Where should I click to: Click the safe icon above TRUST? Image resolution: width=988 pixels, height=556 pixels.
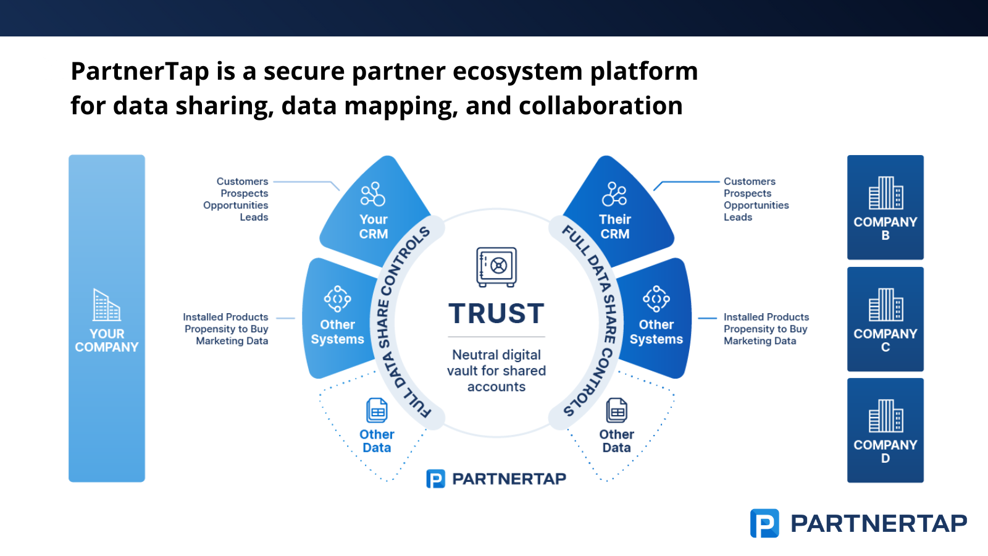pos(496,267)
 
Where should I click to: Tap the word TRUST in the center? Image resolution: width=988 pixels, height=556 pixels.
pos(496,314)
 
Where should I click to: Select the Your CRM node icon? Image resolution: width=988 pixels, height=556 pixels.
pos(373,194)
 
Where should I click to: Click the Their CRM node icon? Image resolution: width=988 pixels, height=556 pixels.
pos(614,194)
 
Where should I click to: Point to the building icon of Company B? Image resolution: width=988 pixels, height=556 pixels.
pos(885,193)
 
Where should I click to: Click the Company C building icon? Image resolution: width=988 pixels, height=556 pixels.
pos(885,305)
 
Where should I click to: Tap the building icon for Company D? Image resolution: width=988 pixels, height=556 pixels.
pos(885,416)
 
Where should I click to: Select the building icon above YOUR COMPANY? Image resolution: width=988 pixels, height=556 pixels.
pos(106,305)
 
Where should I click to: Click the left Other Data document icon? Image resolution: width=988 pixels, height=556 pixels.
pos(377,410)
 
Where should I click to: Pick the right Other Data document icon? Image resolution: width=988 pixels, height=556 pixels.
pos(617,410)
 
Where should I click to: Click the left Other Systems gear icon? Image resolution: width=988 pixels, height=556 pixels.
pos(338,299)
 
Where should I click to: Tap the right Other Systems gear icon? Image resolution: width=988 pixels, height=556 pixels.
pos(656,299)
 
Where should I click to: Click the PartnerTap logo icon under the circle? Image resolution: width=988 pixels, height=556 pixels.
pos(435,479)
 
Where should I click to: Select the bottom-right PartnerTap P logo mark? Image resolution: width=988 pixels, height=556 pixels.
pos(764,523)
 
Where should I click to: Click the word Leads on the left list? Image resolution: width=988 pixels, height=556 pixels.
pos(254,217)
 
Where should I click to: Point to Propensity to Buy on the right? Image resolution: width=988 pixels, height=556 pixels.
pos(765,329)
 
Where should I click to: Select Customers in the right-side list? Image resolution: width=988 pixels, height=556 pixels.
pos(749,182)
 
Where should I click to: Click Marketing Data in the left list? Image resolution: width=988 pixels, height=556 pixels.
pos(232,341)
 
